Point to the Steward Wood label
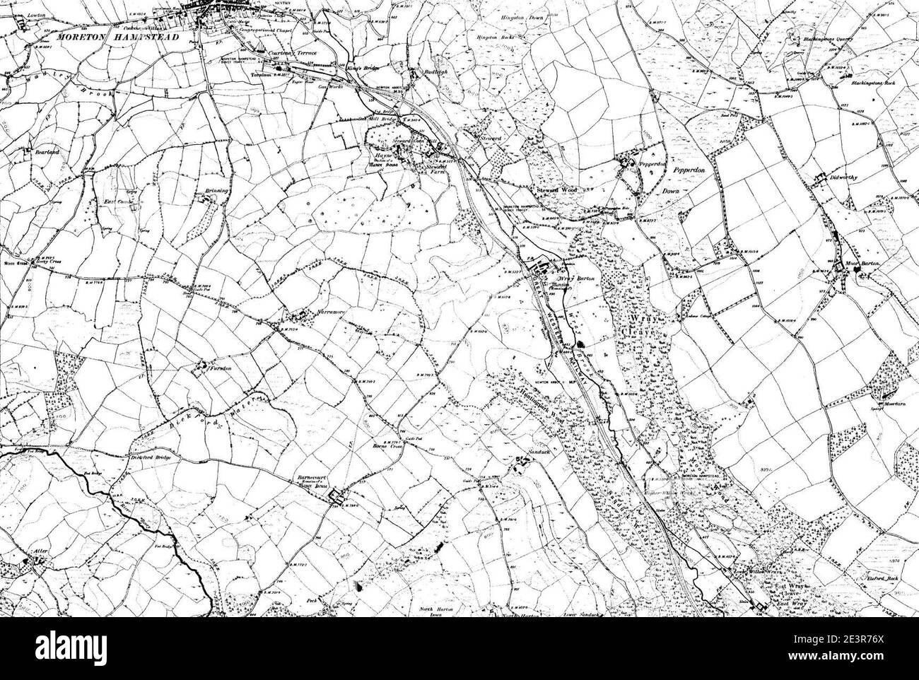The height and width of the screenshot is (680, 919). coord(555,190)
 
